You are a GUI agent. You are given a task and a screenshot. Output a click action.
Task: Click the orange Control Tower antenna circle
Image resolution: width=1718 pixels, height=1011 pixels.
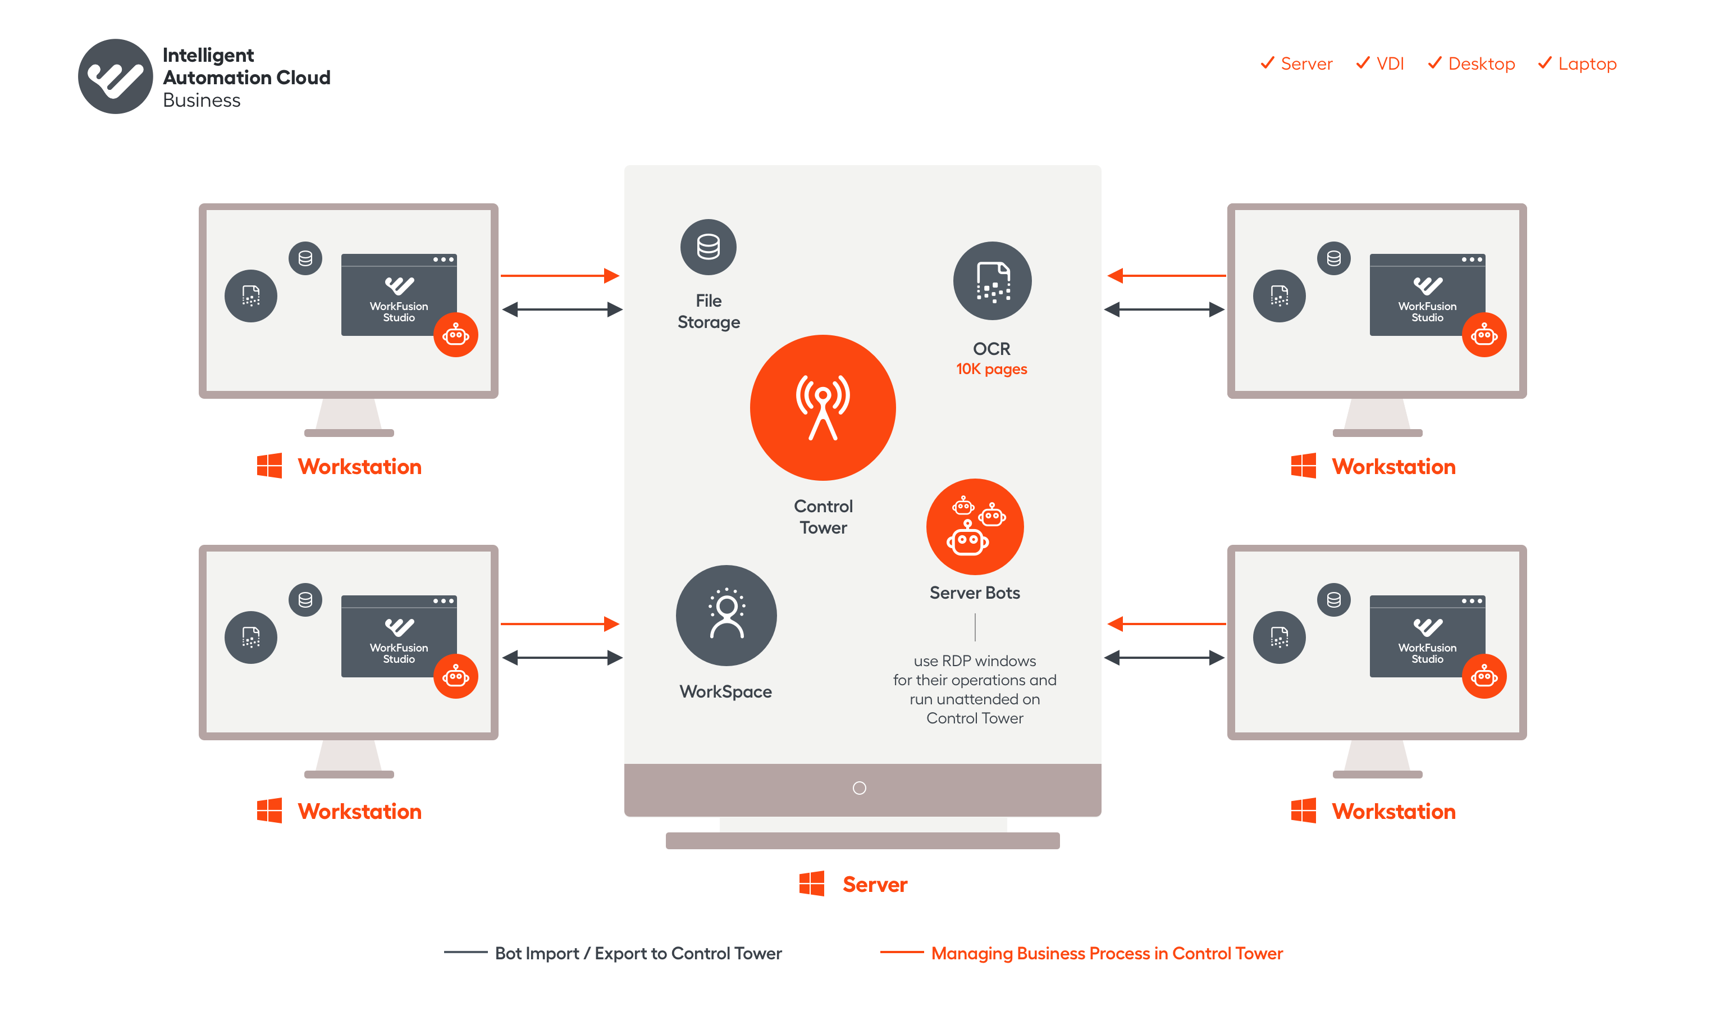click(823, 408)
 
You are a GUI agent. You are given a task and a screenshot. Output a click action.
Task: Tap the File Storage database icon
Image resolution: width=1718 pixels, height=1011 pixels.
click(709, 247)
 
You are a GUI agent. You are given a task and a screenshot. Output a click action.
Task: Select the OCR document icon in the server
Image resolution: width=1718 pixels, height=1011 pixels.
click(992, 281)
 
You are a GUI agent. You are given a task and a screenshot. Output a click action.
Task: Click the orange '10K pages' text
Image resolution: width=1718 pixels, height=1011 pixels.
click(991, 369)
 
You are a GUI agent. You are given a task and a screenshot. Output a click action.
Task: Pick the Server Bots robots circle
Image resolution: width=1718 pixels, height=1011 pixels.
click(975, 527)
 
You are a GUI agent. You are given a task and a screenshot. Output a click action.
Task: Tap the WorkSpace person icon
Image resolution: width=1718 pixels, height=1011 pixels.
click(726, 616)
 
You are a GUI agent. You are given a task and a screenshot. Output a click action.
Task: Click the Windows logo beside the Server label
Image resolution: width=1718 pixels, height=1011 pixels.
click(811, 884)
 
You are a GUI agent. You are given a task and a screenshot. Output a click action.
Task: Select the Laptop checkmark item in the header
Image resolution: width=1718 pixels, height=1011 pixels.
click(1577, 63)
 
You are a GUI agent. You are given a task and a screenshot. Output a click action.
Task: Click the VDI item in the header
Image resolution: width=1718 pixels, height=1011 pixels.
click(1380, 63)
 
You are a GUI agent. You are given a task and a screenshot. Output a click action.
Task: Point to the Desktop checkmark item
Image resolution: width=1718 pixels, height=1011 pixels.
click(1471, 63)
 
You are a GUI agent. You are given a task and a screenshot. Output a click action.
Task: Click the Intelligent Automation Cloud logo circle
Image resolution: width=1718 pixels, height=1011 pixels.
click(115, 76)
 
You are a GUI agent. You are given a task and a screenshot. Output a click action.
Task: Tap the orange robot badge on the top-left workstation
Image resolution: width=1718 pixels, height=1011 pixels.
click(456, 335)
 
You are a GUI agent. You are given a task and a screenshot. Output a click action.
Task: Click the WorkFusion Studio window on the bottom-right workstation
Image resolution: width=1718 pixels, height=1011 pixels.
click(1427, 636)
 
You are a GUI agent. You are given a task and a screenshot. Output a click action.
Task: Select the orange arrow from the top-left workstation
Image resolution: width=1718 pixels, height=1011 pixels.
click(560, 276)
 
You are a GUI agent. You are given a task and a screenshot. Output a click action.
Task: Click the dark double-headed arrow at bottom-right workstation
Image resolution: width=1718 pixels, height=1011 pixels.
click(1164, 658)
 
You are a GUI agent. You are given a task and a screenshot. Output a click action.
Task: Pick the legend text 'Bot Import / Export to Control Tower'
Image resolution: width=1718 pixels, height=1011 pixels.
click(638, 953)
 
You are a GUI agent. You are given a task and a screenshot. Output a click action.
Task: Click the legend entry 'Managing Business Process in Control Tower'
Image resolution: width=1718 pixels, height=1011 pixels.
click(1107, 953)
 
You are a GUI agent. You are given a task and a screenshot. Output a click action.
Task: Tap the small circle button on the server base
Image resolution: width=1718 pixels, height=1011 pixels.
click(859, 788)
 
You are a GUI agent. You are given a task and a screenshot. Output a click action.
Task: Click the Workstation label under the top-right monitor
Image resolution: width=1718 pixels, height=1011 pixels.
click(1393, 467)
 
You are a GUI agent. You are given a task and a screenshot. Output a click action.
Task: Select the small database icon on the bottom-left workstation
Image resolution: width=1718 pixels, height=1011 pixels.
click(305, 600)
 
